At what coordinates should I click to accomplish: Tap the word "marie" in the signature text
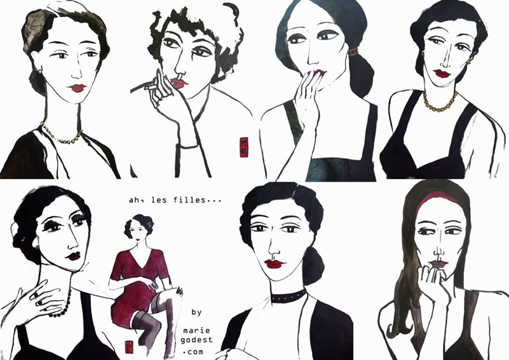[196, 331]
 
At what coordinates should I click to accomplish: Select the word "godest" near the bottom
[196, 340]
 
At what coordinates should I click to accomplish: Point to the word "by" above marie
[196, 312]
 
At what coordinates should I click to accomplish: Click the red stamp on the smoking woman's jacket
[244, 147]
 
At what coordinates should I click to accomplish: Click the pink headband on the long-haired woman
[437, 197]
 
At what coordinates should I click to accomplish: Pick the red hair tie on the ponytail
[353, 52]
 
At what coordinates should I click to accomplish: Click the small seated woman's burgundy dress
[137, 282]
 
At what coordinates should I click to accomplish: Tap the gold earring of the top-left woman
[40, 70]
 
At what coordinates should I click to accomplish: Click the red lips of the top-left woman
[78, 88]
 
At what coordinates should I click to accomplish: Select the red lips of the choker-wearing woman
[273, 264]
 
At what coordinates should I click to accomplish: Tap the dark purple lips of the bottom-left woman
[74, 256]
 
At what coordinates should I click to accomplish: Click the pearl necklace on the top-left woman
[61, 135]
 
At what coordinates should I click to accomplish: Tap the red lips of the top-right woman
[442, 74]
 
